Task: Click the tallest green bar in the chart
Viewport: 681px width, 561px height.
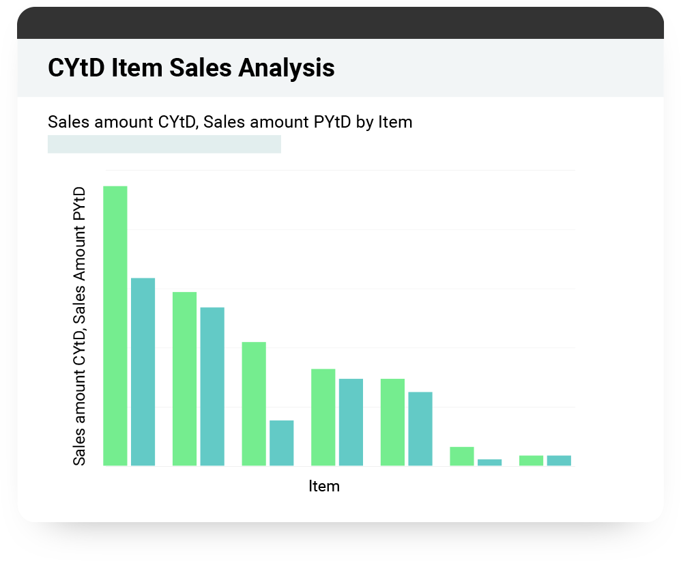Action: tap(115, 326)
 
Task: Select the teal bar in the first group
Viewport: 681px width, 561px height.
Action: tap(143, 372)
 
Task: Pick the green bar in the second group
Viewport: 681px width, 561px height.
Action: tap(184, 379)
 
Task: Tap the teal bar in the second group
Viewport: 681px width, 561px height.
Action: tap(212, 386)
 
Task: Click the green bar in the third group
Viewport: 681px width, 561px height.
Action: tap(254, 404)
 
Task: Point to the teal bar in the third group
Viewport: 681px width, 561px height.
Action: tap(282, 443)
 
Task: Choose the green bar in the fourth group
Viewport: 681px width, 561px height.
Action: tap(323, 417)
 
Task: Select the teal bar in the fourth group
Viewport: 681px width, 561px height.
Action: tap(351, 422)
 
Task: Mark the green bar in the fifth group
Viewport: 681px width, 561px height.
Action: tap(392, 422)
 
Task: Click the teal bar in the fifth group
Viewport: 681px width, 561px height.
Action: tap(420, 429)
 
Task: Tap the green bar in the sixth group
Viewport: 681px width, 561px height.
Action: tap(462, 457)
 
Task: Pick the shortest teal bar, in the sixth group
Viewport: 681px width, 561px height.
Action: tap(489, 463)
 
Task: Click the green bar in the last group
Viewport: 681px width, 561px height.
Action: tap(531, 461)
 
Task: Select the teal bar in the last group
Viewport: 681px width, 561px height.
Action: tap(559, 461)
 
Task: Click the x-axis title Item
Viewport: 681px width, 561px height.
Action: tap(324, 487)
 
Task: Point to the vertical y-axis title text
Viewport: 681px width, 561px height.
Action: tap(80, 326)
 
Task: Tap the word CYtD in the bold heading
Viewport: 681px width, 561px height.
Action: tap(76, 68)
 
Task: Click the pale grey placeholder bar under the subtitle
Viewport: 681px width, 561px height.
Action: tap(164, 144)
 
